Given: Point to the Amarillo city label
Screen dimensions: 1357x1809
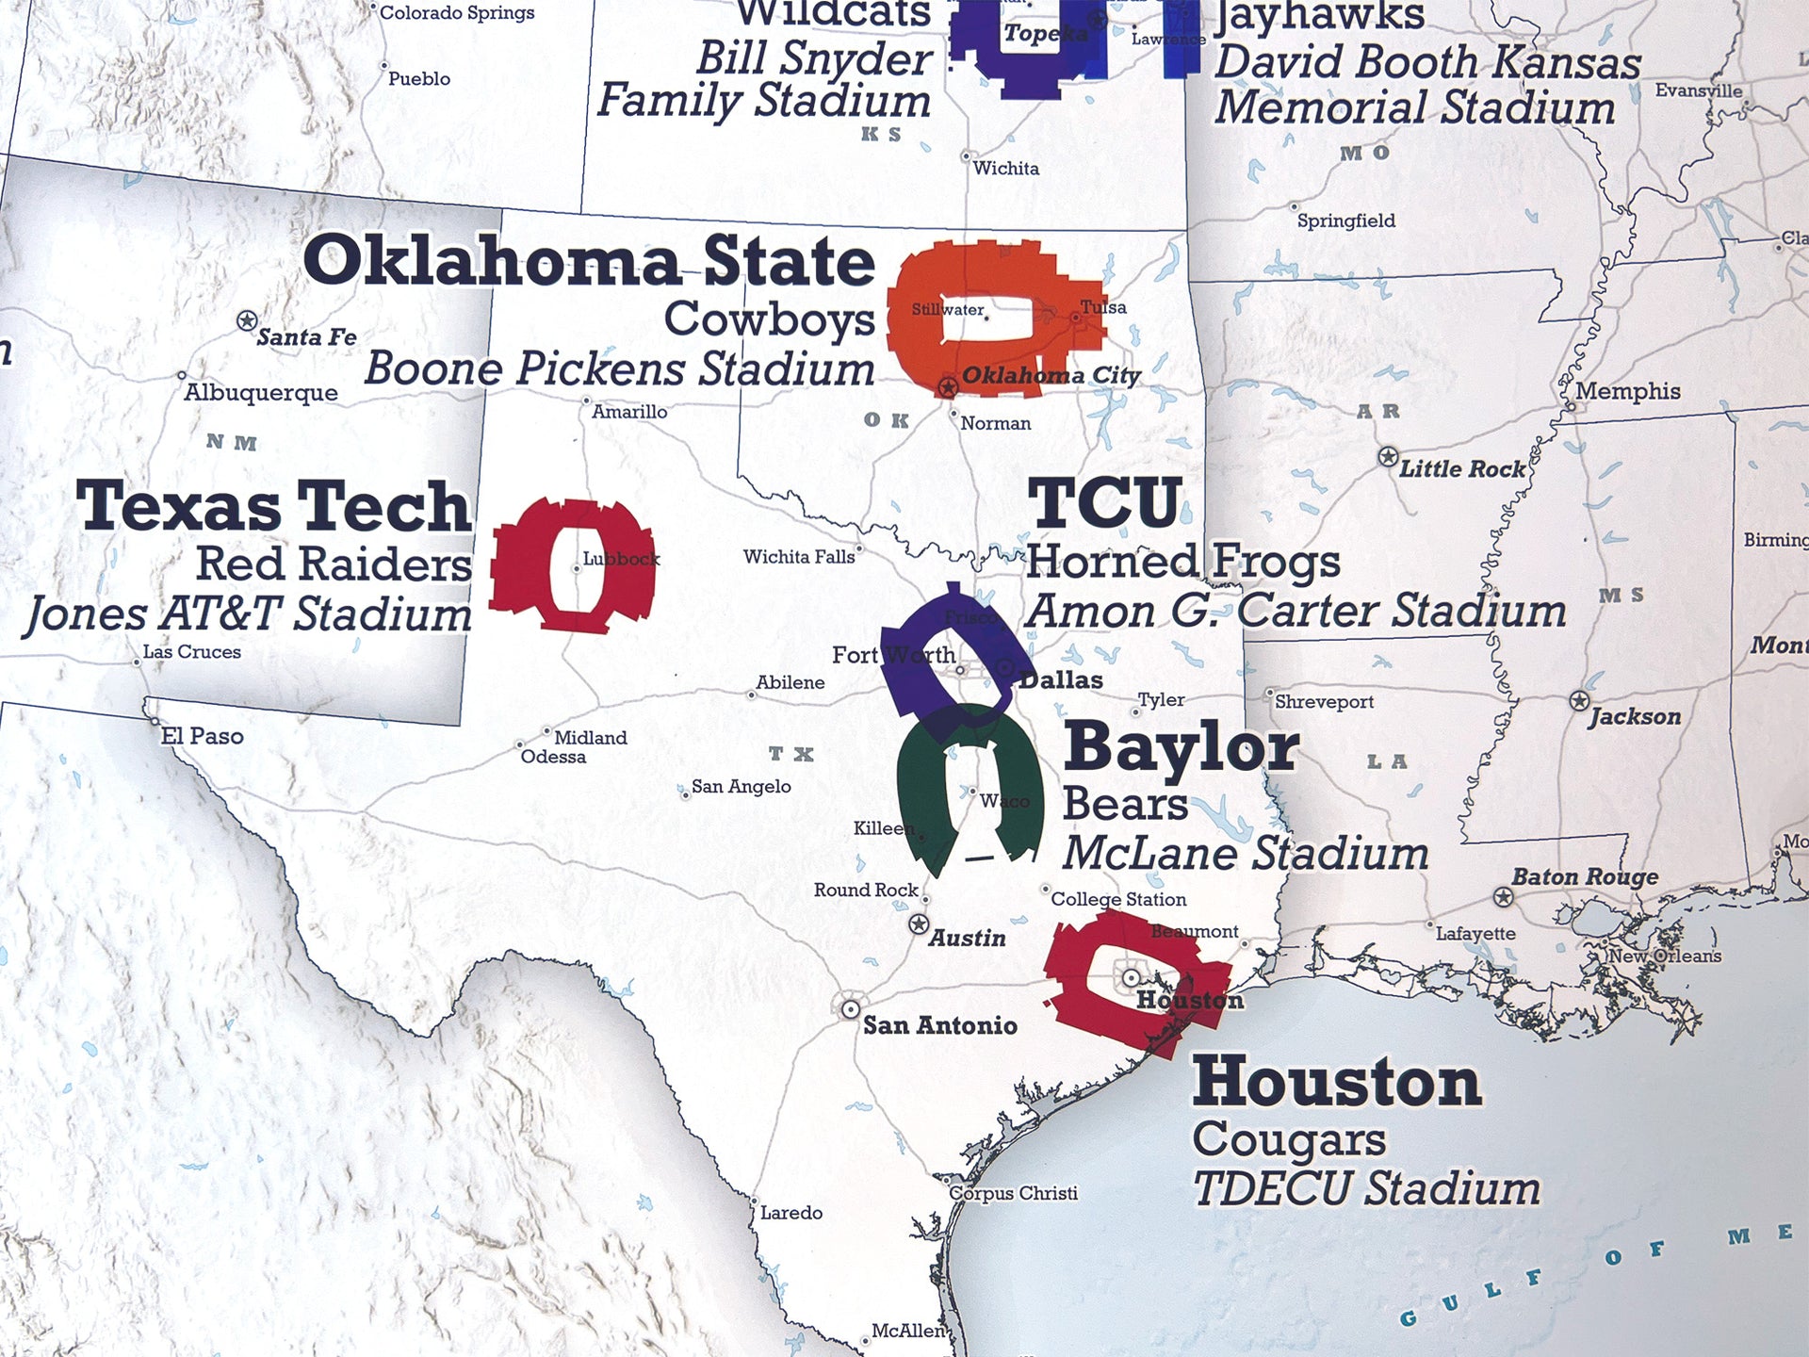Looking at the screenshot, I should click(x=628, y=412).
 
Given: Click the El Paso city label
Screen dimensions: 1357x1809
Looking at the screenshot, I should click(x=202, y=736).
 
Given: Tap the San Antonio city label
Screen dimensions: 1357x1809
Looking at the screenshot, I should click(x=939, y=1025).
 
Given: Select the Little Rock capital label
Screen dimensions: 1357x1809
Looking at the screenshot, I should click(x=1461, y=468).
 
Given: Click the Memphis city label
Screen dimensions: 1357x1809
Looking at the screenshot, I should click(x=1627, y=391).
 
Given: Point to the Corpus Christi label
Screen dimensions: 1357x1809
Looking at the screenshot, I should click(x=1012, y=1193).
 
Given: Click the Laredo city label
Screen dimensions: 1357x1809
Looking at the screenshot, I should click(x=790, y=1213).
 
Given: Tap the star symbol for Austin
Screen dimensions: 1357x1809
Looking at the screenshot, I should click(x=919, y=924).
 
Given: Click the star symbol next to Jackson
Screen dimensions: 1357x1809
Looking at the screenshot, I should click(x=1580, y=701).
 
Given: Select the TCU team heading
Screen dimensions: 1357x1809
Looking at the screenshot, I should click(x=1104, y=503).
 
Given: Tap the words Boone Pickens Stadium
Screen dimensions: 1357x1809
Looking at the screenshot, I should click(x=619, y=368).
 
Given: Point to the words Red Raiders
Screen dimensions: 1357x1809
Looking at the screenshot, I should click(x=334, y=564).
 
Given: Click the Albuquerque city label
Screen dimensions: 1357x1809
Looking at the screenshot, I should click(x=260, y=393).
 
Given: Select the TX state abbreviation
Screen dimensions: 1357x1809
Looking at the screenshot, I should click(x=790, y=754).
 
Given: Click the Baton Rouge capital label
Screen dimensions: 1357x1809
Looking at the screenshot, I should click(x=1584, y=876).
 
